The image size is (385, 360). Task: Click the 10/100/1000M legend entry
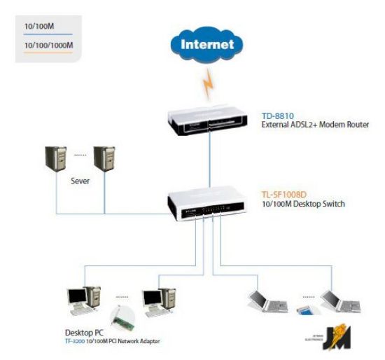pyautogui.click(x=48, y=46)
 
